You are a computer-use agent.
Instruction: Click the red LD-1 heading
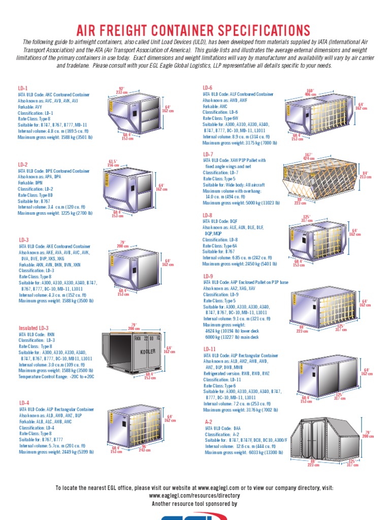pos(23,88)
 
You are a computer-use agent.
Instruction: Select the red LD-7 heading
pos(208,154)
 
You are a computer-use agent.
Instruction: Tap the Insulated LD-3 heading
pos(34,328)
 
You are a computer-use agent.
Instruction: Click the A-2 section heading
pos(208,421)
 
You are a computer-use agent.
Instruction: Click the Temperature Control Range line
pos(56,377)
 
